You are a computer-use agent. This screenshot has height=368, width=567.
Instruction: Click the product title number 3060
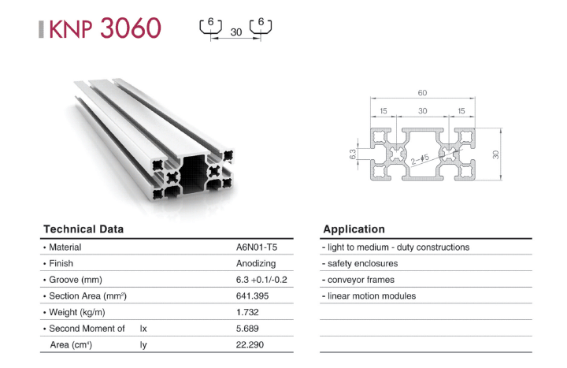point(131,28)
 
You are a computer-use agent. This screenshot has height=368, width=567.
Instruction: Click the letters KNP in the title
point(71,29)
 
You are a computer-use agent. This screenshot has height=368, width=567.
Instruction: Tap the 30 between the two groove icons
point(236,32)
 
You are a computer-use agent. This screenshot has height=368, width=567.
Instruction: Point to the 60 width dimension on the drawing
point(422,93)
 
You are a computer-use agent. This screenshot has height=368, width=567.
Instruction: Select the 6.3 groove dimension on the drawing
point(353,154)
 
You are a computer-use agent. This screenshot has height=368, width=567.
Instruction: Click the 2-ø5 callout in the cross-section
point(420,159)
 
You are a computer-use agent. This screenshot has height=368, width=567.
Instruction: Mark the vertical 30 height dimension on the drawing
point(495,154)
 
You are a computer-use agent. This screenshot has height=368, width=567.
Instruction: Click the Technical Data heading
point(83,229)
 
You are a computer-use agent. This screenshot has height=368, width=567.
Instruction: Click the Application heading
point(354,229)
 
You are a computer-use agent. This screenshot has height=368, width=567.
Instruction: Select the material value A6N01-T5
point(257,247)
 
